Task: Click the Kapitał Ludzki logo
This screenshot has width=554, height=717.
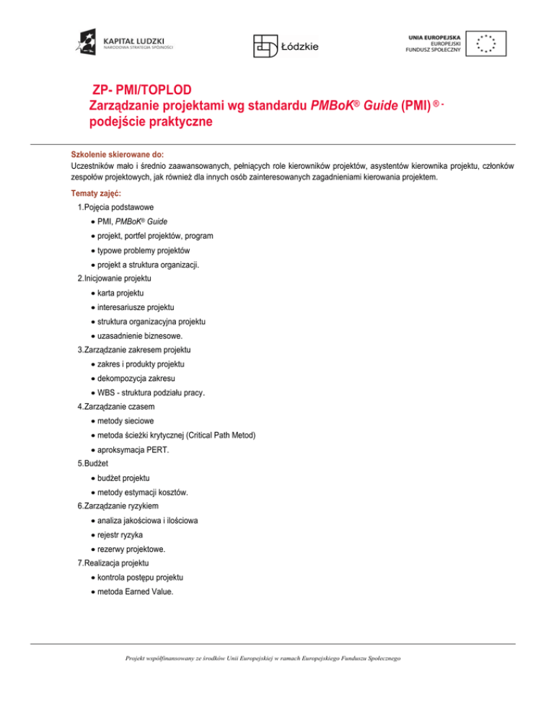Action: pyautogui.click(x=123, y=43)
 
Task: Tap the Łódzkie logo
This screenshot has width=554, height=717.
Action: pyautogui.click(x=285, y=45)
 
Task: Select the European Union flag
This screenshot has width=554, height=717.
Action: pyautogui.click(x=485, y=43)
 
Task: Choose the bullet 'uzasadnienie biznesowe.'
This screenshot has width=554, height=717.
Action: pyautogui.click(x=138, y=335)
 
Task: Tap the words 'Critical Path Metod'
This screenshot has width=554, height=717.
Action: pyautogui.click(x=226, y=436)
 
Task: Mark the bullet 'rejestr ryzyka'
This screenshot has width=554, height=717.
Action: pyautogui.click(x=121, y=535)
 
